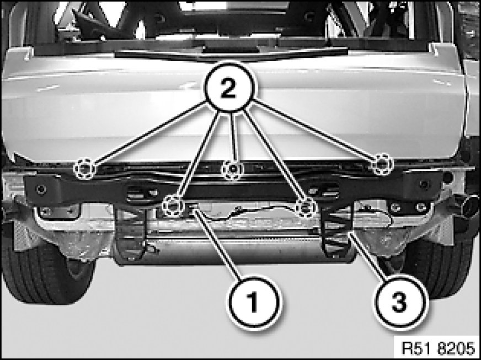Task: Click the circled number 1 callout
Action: pyautogui.click(x=254, y=302)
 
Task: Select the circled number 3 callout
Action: pyautogui.click(x=400, y=302)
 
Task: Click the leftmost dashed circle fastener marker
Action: pyautogui.click(x=84, y=169)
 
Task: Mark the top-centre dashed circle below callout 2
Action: pyautogui.click(x=233, y=170)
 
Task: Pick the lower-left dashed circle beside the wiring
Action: pyautogui.click(x=173, y=205)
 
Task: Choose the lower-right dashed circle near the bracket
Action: pyautogui.click(x=306, y=208)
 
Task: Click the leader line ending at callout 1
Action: pyautogui.click(x=218, y=244)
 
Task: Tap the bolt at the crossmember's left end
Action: pyautogui.click(x=41, y=189)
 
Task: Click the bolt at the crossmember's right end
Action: pyautogui.click(x=425, y=185)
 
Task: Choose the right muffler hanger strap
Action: pyautogui.click(x=337, y=229)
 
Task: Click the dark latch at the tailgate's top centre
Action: pyautogui.click(x=230, y=51)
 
